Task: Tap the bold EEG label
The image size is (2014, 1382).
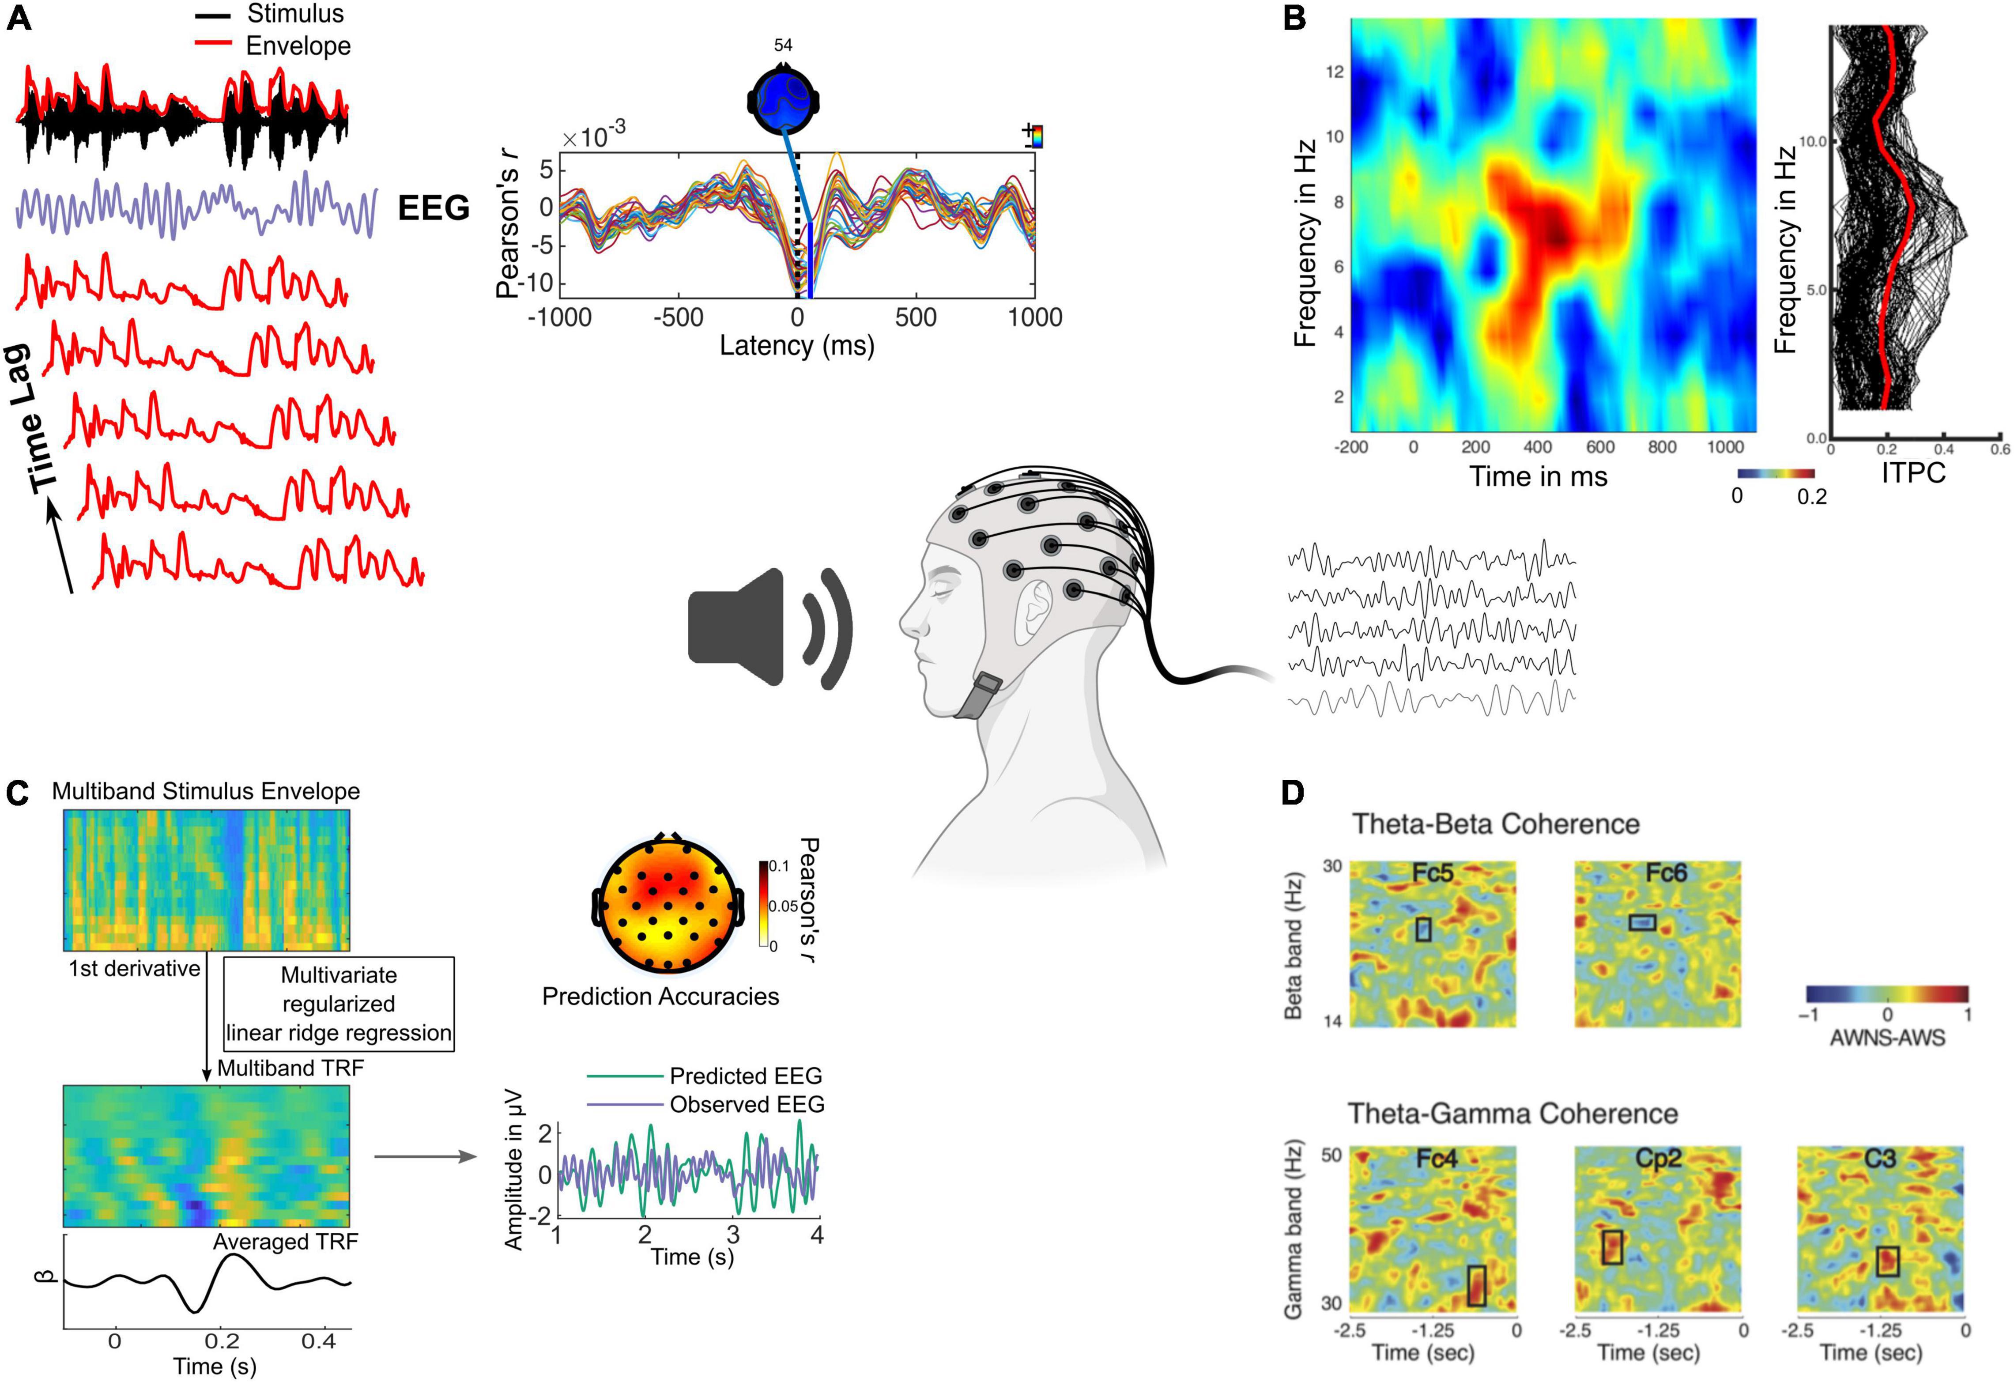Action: pos(433,208)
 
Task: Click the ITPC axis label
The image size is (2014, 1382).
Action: pos(1913,472)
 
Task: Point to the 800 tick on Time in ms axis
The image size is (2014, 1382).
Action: pos(1662,447)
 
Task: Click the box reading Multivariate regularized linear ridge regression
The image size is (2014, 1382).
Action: pos(339,1004)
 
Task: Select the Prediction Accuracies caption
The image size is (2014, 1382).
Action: pos(660,997)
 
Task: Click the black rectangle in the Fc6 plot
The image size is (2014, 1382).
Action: pos(1642,923)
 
